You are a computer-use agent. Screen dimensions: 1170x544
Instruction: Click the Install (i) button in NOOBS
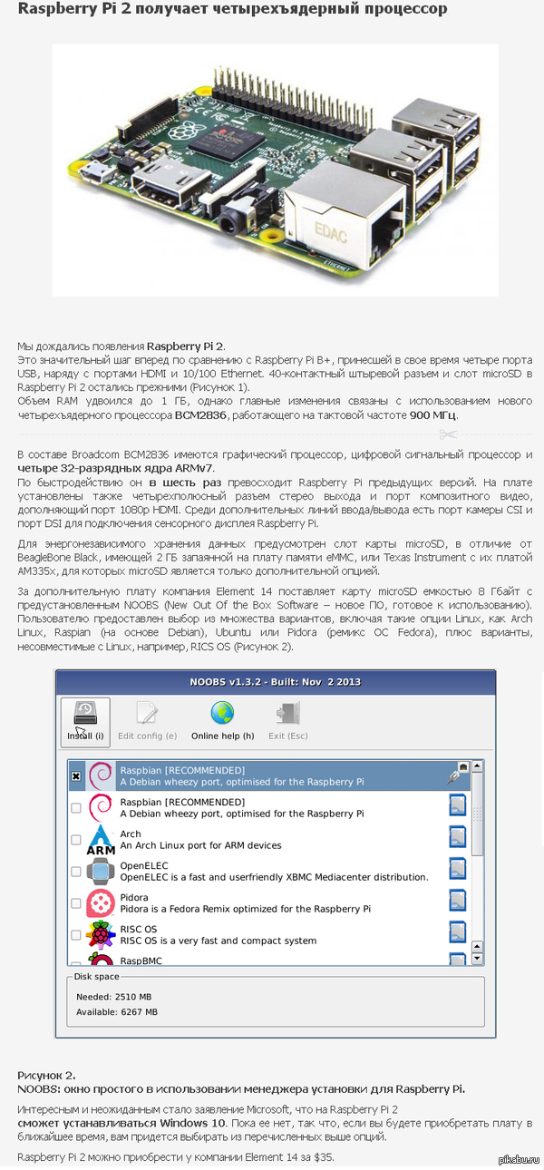pyautogui.click(x=85, y=721)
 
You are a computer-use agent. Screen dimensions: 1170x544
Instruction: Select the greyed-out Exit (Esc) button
pyautogui.click(x=288, y=721)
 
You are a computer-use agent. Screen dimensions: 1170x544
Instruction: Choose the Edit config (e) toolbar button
pyautogui.click(x=147, y=721)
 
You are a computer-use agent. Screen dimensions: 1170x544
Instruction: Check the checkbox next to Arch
pyautogui.click(x=76, y=840)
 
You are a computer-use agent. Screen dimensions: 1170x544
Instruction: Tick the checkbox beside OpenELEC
pyautogui.click(x=76, y=872)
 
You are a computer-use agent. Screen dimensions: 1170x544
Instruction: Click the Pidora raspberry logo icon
pyautogui.click(x=100, y=902)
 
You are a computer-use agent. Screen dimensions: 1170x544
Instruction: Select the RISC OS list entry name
pyautogui.click(x=139, y=929)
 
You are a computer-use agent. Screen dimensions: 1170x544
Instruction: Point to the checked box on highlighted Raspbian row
pyautogui.click(x=76, y=776)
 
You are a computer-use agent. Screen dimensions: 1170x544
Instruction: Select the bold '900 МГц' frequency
pyautogui.click(x=433, y=415)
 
